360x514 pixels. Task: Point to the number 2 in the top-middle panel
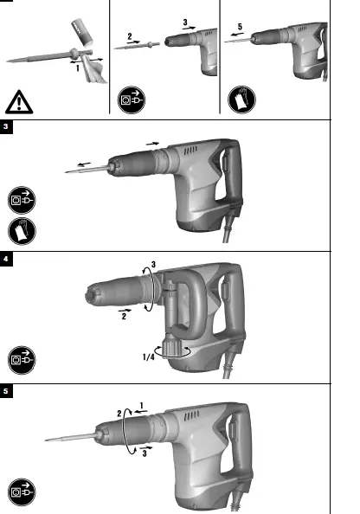coord(129,37)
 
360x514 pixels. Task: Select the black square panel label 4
coord(6,257)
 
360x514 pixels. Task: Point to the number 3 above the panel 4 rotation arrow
coord(154,264)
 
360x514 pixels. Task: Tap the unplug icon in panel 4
coord(21,355)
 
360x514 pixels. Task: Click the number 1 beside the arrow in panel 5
coord(141,403)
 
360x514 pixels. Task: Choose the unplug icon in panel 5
coord(21,489)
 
